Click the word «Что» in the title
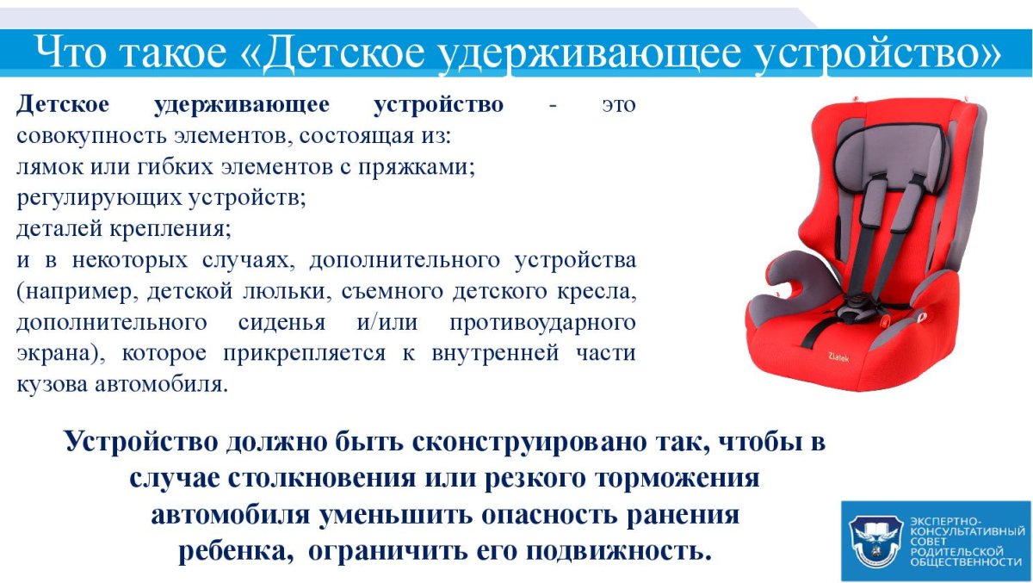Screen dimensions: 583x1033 pyautogui.click(x=71, y=53)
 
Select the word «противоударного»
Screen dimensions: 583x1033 pyautogui.click(x=542, y=323)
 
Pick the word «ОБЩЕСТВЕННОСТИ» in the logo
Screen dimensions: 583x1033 pyautogui.click(x=965, y=561)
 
